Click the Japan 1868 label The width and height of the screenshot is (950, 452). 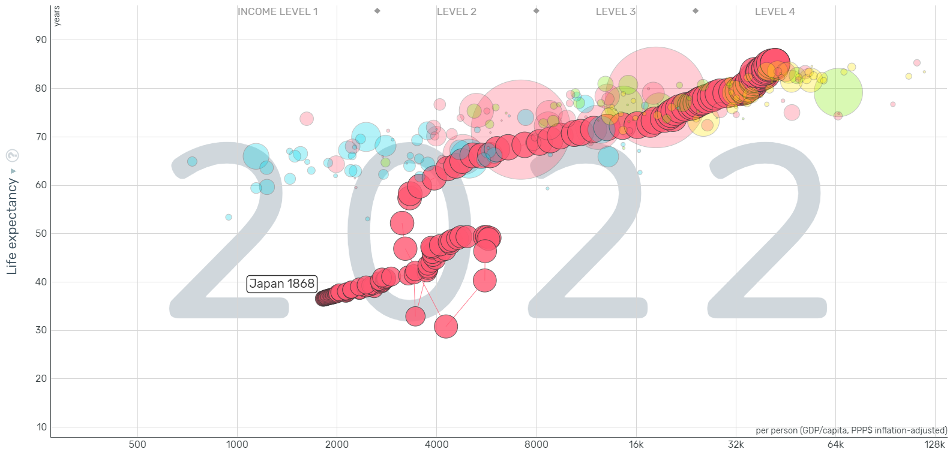coord(281,284)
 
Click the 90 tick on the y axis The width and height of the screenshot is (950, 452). coord(41,40)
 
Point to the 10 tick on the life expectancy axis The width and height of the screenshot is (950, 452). coord(41,427)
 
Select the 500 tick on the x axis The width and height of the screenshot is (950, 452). coord(137,444)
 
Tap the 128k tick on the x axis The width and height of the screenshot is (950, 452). coord(934,444)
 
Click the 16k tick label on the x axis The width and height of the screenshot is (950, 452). coord(636,444)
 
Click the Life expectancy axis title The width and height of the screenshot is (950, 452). coord(11,227)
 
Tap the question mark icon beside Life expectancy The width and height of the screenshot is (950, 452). coord(12,156)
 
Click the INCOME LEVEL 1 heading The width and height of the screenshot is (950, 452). coord(278,11)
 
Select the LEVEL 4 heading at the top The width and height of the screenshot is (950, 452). coord(775,11)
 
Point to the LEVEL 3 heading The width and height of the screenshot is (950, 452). coord(615,11)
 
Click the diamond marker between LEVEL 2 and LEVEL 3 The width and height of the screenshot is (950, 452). coord(537,11)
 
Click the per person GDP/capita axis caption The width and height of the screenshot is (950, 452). coord(851,430)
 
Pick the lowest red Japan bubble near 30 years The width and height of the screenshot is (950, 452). coord(446,327)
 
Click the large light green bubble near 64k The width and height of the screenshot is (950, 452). coord(838,92)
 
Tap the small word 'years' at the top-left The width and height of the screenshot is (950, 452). coord(57,16)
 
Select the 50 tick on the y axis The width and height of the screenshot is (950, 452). coord(41,233)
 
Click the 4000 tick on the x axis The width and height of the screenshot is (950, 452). coord(436,444)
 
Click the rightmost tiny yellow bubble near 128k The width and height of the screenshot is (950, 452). coord(924,72)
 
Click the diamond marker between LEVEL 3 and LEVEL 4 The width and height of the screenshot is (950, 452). coord(696,11)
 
